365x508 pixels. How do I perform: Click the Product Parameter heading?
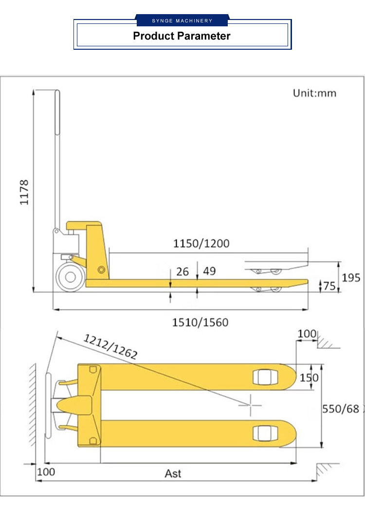[x=182, y=36]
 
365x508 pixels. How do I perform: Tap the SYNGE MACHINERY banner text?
[x=182, y=20]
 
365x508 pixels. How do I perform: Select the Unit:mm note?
[x=314, y=93]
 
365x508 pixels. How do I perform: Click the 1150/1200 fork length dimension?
[x=201, y=243]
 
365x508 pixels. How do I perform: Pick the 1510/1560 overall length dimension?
[x=200, y=322]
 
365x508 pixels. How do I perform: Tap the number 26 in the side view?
[x=182, y=272]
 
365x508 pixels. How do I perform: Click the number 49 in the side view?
[x=209, y=271]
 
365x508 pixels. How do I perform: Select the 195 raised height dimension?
[x=351, y=277]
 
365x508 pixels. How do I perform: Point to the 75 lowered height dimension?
[x=329, y=286]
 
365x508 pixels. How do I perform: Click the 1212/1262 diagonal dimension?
[x=111, y=347]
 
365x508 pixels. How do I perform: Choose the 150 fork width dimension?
[x=309, y=377]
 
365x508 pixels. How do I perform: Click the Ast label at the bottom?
[x=173, y=473]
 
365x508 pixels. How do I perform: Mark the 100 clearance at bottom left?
[x=46, y=472]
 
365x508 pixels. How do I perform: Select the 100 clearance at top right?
[x=307, y=334]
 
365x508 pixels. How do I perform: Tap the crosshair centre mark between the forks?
[x=252, y=405]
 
